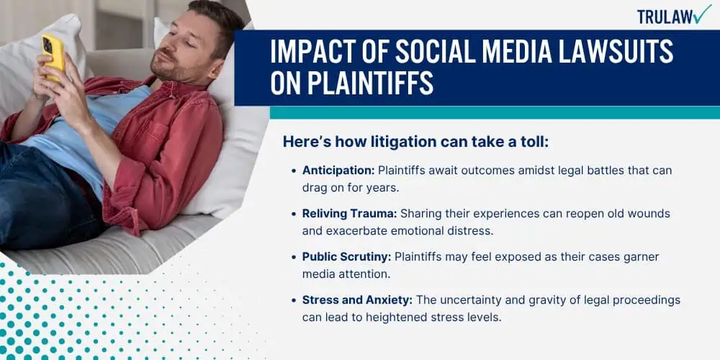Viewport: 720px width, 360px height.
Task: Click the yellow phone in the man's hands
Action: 52,56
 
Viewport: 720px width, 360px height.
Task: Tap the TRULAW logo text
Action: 664,17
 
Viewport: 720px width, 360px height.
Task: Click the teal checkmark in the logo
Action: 702,14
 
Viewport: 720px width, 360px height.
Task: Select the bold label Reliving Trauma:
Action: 350,214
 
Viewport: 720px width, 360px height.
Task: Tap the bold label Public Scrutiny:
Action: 347,257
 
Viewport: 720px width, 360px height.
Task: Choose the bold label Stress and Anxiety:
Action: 357,300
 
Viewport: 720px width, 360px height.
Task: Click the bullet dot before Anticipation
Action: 294,171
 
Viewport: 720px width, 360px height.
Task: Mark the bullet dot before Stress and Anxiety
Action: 294,301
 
